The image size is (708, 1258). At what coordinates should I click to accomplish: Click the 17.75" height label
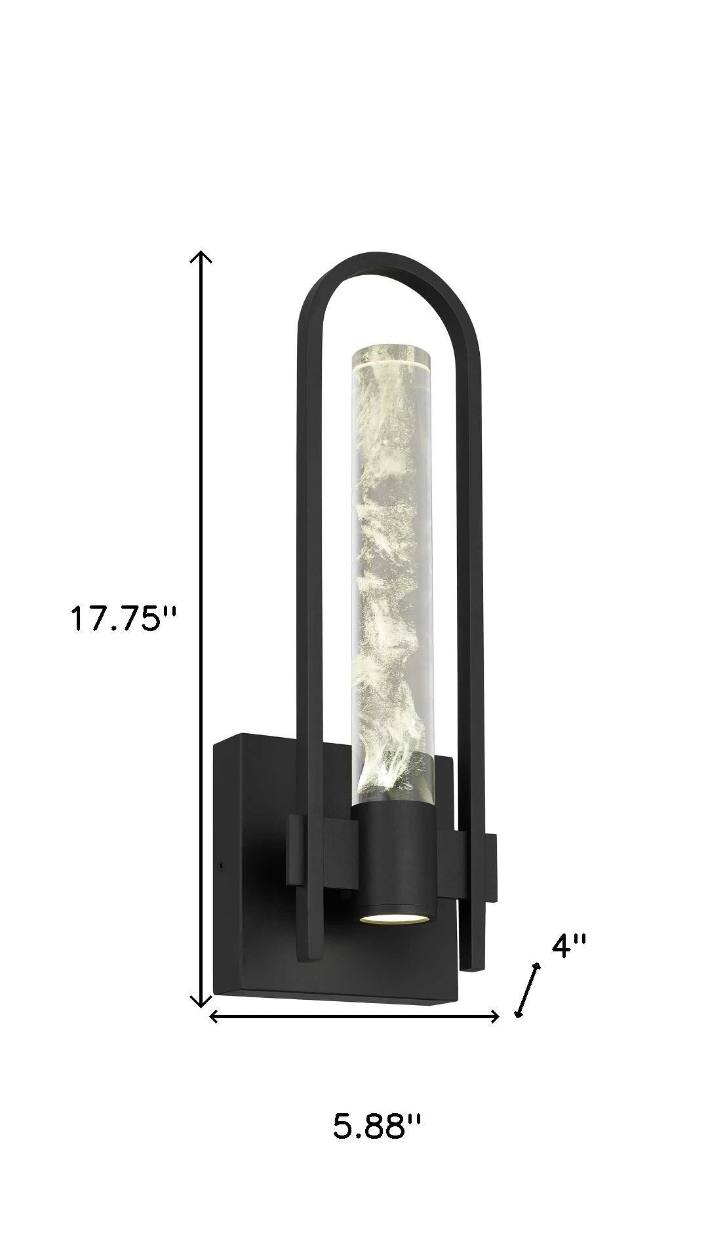pos(124,619)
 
